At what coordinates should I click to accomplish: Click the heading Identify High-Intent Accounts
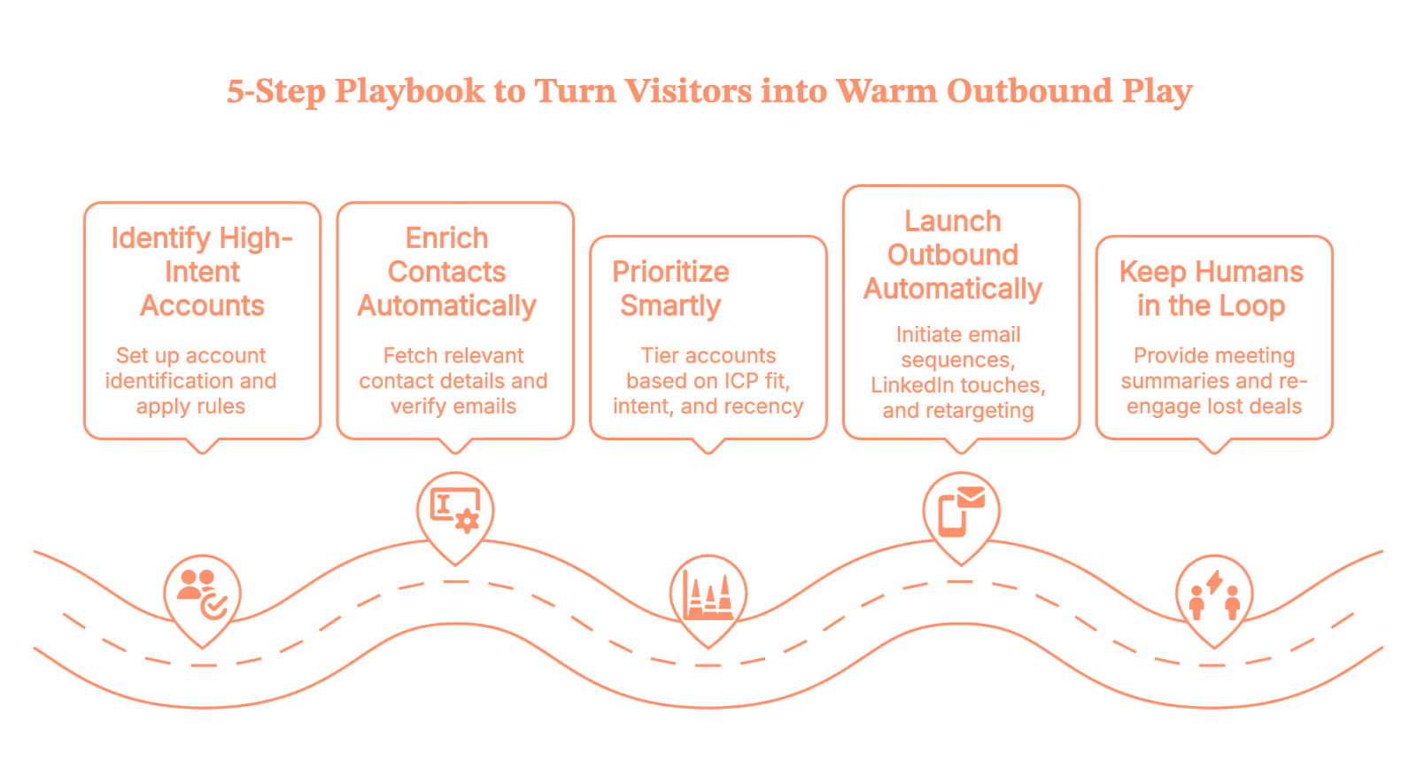point(202,271)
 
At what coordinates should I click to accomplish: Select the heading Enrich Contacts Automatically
point(446,271)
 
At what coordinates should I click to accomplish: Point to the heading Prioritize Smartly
point(670,288)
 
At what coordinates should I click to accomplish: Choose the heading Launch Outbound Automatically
point(953,254)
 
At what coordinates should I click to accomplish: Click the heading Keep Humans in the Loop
point(1211,288)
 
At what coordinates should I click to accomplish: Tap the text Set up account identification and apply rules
point(190,381)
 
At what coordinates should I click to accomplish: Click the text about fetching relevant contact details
point(453,381)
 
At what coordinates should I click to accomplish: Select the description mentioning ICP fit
point(708,381)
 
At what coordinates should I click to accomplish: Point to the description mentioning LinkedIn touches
point(958,372)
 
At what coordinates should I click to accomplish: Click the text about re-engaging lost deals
point(1214,381)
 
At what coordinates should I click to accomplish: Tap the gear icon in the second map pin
point(467,520)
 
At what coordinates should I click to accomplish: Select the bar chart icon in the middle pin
point(708,594)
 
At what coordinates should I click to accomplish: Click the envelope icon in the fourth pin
point(971,498)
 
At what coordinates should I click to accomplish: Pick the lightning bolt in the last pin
point(1216,581)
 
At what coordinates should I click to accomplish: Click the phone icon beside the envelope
point(952,516)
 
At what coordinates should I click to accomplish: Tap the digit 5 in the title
point(235,92)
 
